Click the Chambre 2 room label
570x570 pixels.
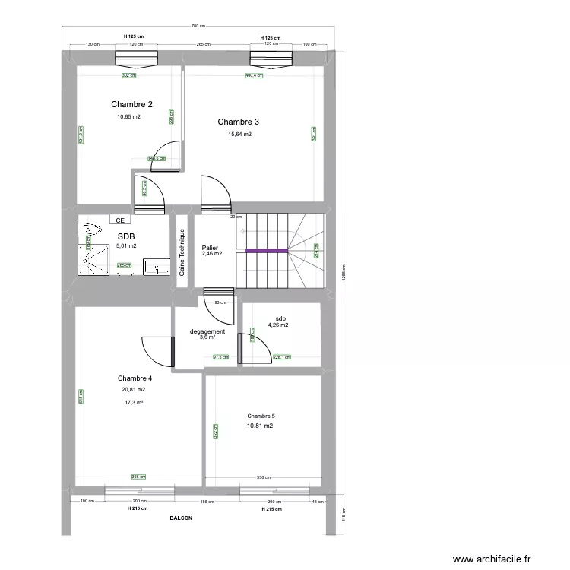coord(132,104)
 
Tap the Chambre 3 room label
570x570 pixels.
coord(239,122)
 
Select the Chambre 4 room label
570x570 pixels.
coord(135,378)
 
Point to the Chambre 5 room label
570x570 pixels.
coord(261,416)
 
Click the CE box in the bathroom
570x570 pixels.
coord(119,220)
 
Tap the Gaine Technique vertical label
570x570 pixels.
coord(182,252)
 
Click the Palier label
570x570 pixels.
coord(210,248)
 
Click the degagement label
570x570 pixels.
coord(207,331)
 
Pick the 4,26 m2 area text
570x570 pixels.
coord(278,325)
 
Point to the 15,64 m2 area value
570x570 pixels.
coord(239,135)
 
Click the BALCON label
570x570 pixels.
coord(181,518)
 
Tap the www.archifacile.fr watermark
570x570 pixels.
coord(493,559)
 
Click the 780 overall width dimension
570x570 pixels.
coord(200,28)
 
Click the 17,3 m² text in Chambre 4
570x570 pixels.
coord(134,403)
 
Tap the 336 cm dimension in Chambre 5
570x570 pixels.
coord(264,477)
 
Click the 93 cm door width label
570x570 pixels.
coord(220,303)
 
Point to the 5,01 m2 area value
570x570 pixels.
coord(127,245)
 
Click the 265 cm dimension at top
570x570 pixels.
coord(203,44)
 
